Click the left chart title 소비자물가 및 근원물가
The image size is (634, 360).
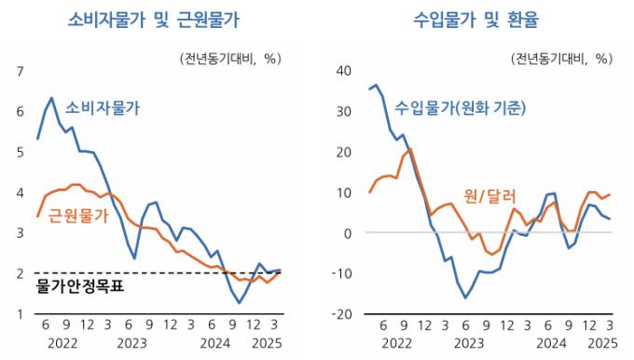click(154, 19)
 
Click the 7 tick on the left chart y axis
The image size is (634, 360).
click(20, 71)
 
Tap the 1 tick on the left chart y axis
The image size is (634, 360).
click(20, 314)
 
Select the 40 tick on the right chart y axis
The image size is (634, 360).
click(343, 71)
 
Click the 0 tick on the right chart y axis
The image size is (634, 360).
click(347, 233)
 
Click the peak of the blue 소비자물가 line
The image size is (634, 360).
click(51, 98)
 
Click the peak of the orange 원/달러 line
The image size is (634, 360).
click(410, 149)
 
